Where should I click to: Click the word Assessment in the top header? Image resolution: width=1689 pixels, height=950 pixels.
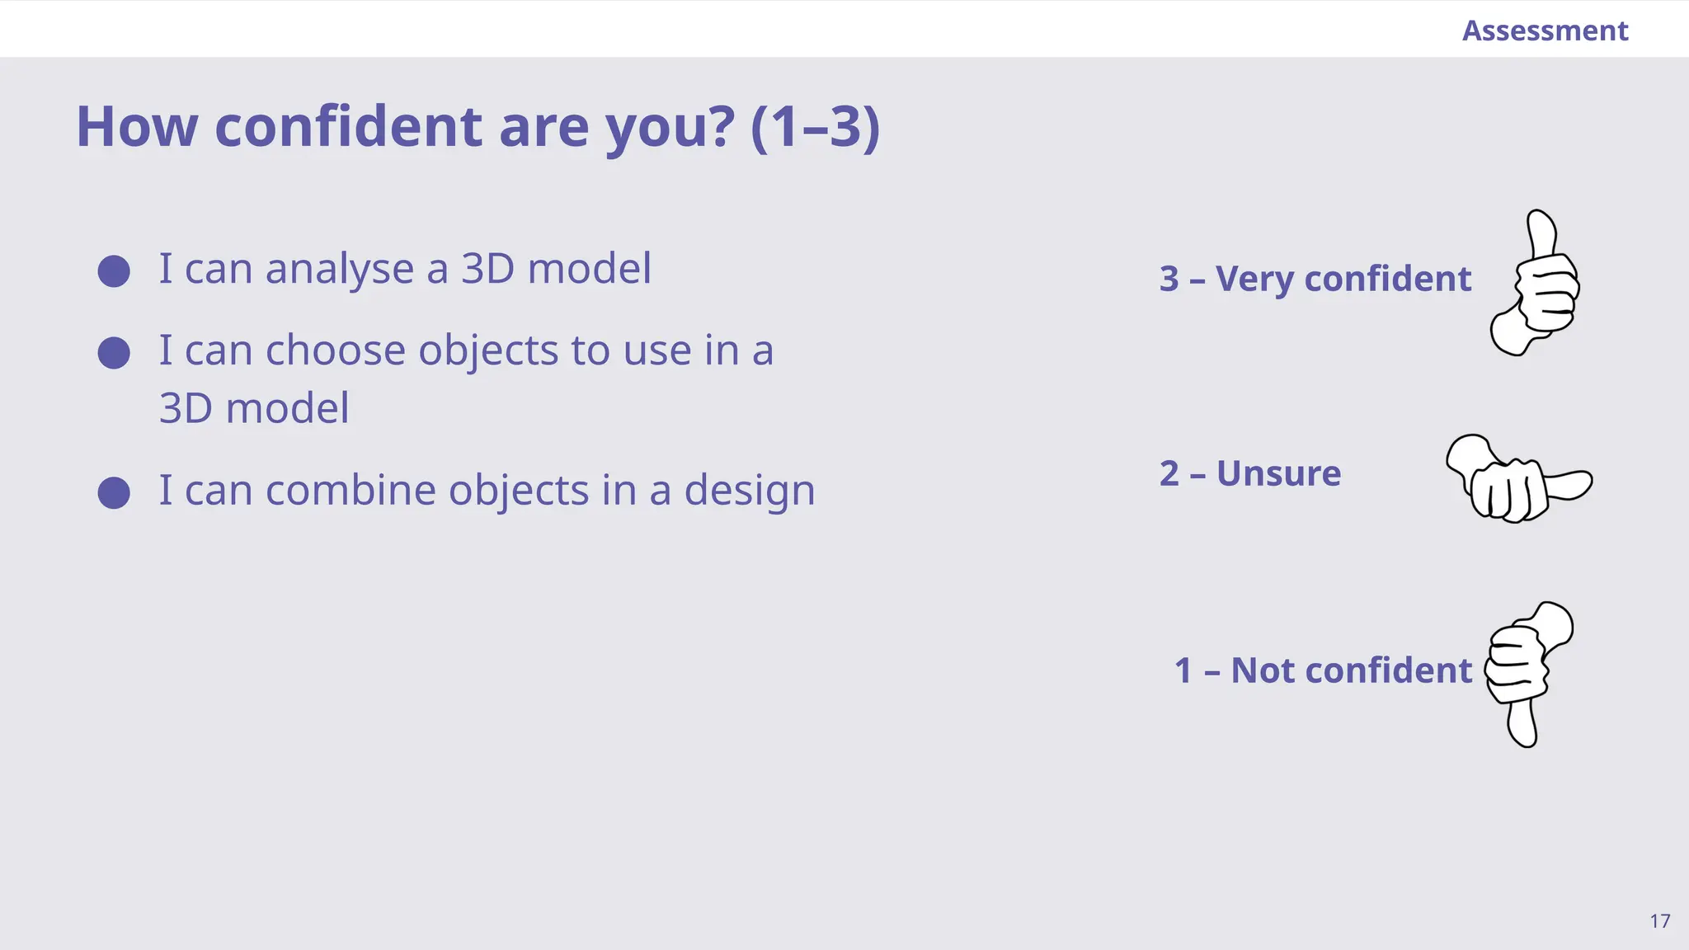1545,31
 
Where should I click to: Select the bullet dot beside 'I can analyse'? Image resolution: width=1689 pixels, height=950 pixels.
114,271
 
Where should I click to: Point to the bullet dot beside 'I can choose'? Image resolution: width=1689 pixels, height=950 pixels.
114,353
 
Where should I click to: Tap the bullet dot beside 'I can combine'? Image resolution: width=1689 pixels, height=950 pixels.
114,492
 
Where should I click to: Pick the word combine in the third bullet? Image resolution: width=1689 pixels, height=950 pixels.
351,490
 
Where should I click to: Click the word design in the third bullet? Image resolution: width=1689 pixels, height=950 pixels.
749,491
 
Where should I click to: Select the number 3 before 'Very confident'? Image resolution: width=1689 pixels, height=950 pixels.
1169,279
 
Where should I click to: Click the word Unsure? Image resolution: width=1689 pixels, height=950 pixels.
1278,473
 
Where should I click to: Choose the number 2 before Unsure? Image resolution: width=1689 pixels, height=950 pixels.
1169,473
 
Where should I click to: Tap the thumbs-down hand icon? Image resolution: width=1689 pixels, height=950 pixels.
1527,672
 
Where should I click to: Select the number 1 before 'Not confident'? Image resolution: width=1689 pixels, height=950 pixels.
1183,670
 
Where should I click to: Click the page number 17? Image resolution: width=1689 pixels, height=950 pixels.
1660,921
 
